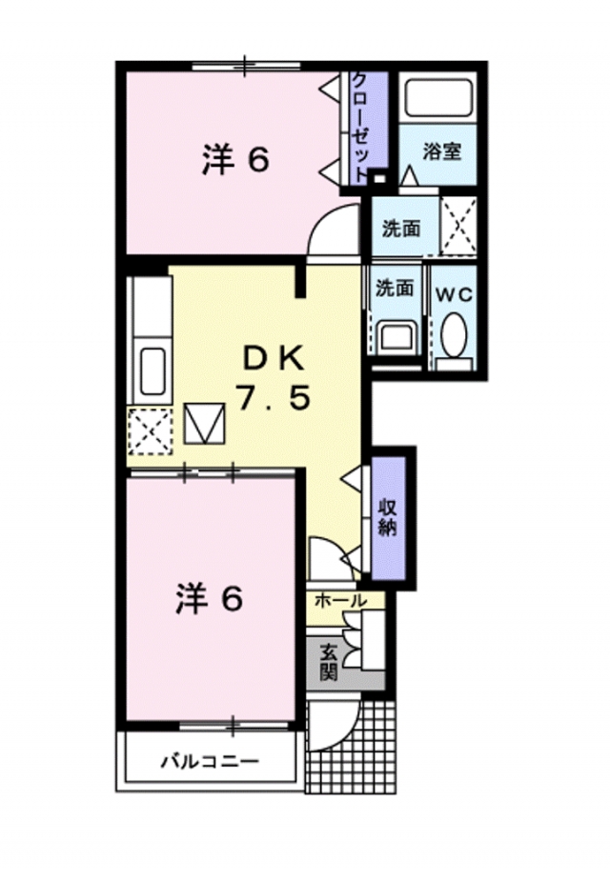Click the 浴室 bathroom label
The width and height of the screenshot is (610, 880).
coord(442,150)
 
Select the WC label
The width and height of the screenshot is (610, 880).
coord(454,294)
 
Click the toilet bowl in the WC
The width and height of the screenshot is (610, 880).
coord(454,336)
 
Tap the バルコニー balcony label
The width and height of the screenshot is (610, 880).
coord(209,762)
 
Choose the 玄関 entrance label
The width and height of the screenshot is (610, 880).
coord(328,661)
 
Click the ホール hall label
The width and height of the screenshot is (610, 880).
coord(337,602)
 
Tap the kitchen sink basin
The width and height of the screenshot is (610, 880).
coord(152,371)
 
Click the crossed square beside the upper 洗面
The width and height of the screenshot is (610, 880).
coord(458,228)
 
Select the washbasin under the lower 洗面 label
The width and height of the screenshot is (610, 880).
coord(394,336)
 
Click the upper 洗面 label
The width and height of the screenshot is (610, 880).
coord(401,229)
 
